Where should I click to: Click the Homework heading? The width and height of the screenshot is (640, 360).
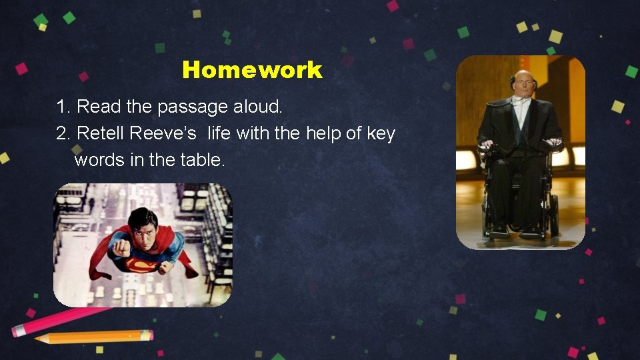pos(252,70)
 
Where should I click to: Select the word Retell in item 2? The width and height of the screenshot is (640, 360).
pos(101,133)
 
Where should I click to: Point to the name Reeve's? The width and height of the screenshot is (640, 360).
pos(163,133)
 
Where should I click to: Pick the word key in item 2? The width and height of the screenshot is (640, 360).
pos(381,133)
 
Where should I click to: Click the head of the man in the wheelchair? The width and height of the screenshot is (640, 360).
pos(524,81)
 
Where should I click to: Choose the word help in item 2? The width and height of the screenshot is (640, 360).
pos(323,133)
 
